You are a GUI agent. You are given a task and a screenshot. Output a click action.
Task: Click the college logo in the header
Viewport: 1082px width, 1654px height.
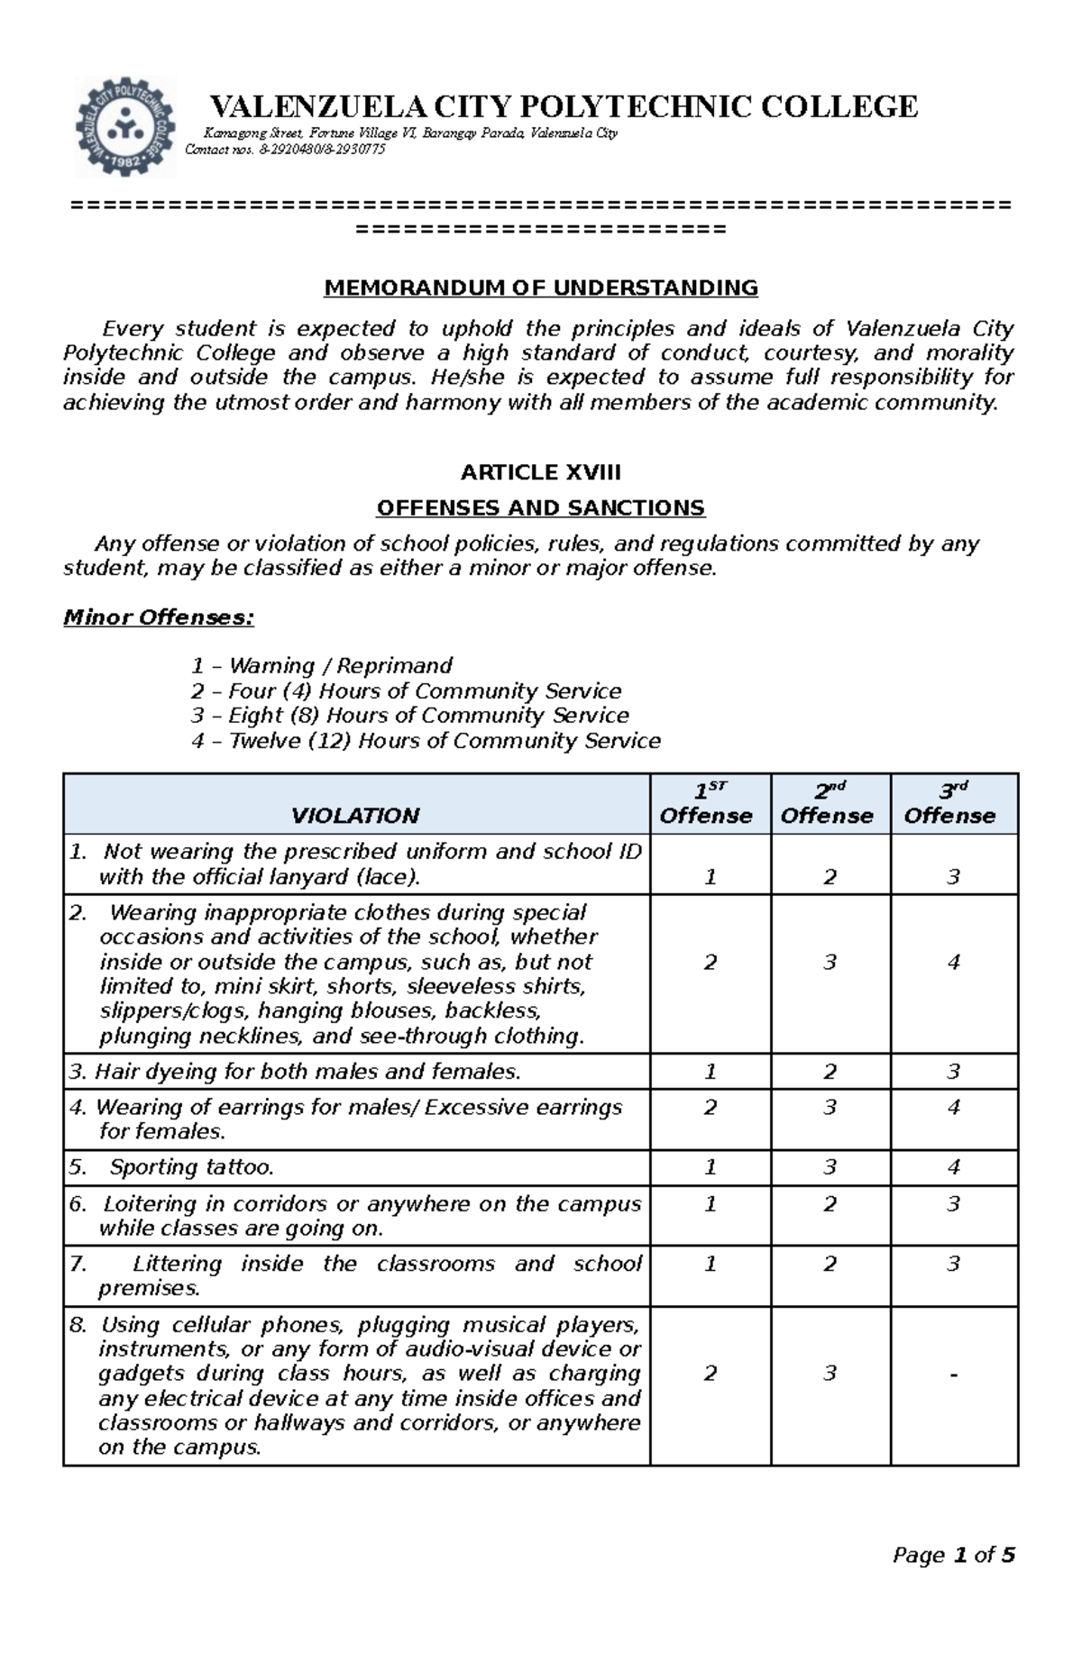click(x=124, y=126)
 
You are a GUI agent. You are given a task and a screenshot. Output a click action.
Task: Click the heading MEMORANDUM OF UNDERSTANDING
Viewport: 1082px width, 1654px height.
click(x=541, y=288)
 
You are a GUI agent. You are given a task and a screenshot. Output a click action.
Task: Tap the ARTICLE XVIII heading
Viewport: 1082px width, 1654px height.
click(x=541, y=472)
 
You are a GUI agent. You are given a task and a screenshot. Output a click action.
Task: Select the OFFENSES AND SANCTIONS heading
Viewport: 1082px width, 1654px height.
click(x=541, y=507)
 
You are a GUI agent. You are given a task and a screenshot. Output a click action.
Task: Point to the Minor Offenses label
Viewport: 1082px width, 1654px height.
click(x=159, y=617)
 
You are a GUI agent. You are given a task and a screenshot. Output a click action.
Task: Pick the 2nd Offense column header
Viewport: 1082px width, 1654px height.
click(x=828, y=804)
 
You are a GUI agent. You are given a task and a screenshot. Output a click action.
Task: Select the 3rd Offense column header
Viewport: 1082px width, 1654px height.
click(x=952, y=804)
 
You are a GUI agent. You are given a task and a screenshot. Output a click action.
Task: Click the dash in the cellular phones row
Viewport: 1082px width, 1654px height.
click(x=953, y=1374)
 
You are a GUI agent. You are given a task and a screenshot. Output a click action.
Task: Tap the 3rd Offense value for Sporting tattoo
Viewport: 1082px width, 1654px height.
click(x=953, y=1167)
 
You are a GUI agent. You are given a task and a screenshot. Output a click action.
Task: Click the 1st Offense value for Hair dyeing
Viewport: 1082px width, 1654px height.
click(x=710, y=1071)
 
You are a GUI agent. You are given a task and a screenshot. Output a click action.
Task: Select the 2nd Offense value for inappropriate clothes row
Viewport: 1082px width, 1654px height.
click(x=830, y=962)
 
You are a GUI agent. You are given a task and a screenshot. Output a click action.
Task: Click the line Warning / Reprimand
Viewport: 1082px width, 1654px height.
click(x=322, y=665)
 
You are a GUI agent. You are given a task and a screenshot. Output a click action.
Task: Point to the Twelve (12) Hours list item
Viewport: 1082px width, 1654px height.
click(x=426, y=740)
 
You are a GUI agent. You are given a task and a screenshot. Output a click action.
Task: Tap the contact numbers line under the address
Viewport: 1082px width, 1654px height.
click(x=285, y=150)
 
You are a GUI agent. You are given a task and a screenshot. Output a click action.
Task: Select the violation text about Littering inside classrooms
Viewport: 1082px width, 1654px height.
click(x=355, y=1275)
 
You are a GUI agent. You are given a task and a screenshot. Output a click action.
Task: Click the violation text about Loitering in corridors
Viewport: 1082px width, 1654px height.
click(x=355, y=1215)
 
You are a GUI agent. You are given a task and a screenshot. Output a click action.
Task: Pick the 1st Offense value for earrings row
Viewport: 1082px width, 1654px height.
click(x=710, y=1107)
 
